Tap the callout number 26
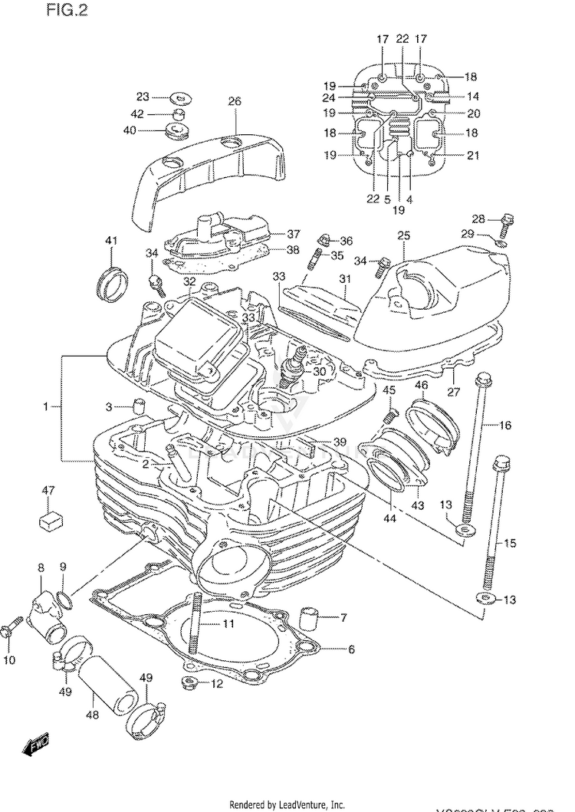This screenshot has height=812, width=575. click(234, 101)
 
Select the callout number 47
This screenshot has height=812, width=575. click(48, 490)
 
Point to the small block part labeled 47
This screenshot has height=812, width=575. click(50, 519)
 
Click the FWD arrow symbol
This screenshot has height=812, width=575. click(36, 743)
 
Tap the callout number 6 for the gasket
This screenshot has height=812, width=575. click(351, 650)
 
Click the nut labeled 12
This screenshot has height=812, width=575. click(190, 682)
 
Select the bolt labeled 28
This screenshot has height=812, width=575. click(504, 225)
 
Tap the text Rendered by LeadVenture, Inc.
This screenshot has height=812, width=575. click(287, 804)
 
